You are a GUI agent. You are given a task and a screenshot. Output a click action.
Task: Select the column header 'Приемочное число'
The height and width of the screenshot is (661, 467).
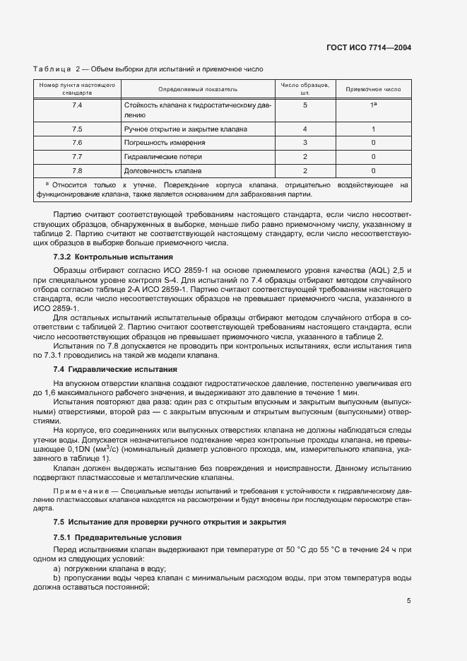(x=373, y=90)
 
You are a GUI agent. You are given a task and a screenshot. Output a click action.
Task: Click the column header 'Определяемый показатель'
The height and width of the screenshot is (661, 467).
(x=198, y=90)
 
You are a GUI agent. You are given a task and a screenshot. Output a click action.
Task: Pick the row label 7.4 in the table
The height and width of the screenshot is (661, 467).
(x=77, y=105)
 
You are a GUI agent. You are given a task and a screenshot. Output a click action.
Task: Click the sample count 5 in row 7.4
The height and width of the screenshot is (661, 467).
(x=305, y=105)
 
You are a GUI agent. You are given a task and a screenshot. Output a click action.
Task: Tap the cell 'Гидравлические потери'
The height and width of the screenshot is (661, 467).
(x=158, y=156)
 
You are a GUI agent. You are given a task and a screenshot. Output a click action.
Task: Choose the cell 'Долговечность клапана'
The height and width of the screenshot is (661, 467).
(x=162, y=170)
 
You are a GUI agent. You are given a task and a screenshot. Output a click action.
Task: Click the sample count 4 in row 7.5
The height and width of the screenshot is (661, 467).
(x=305, y=129)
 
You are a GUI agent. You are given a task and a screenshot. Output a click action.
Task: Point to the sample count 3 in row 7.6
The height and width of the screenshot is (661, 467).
(x=305, y=143)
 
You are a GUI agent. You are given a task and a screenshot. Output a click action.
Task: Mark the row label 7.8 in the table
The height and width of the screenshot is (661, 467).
(x=77, y=170)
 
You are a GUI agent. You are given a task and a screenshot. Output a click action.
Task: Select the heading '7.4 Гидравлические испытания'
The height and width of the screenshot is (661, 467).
(x=115, y=369)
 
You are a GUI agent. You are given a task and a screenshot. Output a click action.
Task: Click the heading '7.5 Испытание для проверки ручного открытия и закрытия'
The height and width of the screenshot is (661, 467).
(x=170, y=522)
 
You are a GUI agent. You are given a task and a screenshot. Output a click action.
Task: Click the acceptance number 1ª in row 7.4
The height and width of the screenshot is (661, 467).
(x=373, y=105)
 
